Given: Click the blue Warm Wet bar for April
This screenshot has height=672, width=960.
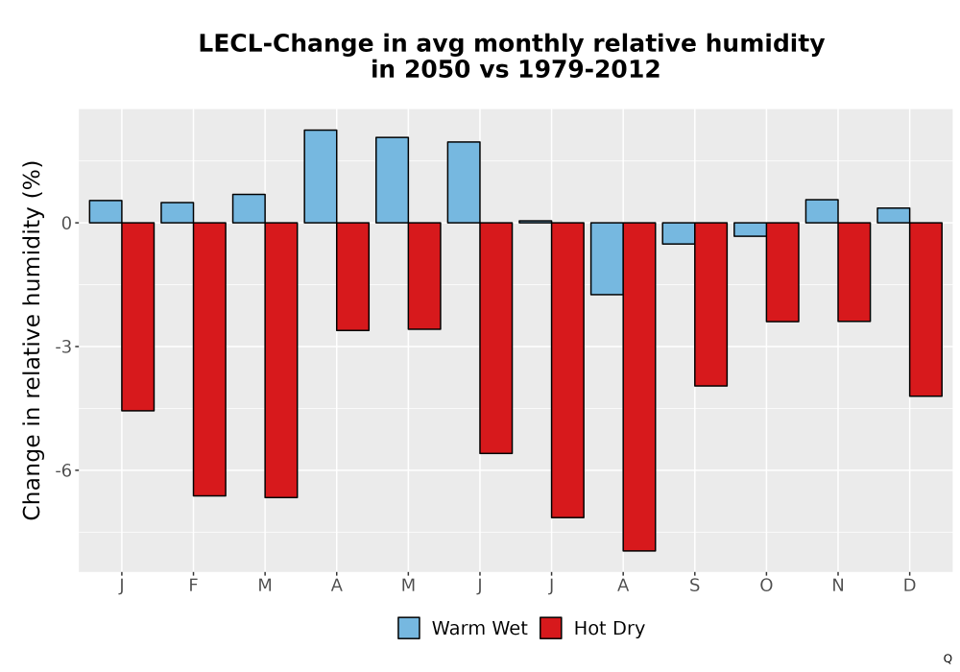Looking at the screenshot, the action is pos(321,177).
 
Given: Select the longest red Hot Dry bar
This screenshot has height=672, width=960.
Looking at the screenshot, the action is pos(639,387).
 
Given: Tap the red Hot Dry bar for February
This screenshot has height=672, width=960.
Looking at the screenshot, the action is pos(209,359).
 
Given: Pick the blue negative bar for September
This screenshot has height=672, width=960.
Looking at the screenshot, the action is pos(679,233).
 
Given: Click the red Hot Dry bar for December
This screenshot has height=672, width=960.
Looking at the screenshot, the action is pos(925,309).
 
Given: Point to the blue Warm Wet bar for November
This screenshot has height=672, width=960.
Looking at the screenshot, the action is pos(822,211).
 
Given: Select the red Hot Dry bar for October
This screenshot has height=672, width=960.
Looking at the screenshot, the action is pos(782,272).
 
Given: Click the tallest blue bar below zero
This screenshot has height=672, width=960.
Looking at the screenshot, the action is pos(607,259).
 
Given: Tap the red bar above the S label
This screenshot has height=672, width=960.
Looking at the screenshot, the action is pos(710,304).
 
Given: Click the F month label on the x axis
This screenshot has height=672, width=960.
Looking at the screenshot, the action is pos(194,586).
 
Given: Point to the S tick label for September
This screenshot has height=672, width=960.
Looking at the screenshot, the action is pos(694,586).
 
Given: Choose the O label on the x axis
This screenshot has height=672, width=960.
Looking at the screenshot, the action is pos(766,586).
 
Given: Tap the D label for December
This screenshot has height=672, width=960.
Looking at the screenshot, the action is pos(910,586).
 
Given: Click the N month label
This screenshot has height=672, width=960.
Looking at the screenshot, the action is pos(837,586).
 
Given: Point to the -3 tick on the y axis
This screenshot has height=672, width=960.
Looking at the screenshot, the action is pos(63,347).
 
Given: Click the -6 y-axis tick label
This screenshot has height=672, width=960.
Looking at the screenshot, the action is pos(63,470).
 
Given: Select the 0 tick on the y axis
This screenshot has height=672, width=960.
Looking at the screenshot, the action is pos(67,224).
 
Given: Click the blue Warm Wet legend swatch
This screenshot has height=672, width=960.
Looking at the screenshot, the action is pos(409,628).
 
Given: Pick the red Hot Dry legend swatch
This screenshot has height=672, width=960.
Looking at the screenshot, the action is pos(551,628).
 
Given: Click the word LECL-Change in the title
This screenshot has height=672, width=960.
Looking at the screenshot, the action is pos(286,43).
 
